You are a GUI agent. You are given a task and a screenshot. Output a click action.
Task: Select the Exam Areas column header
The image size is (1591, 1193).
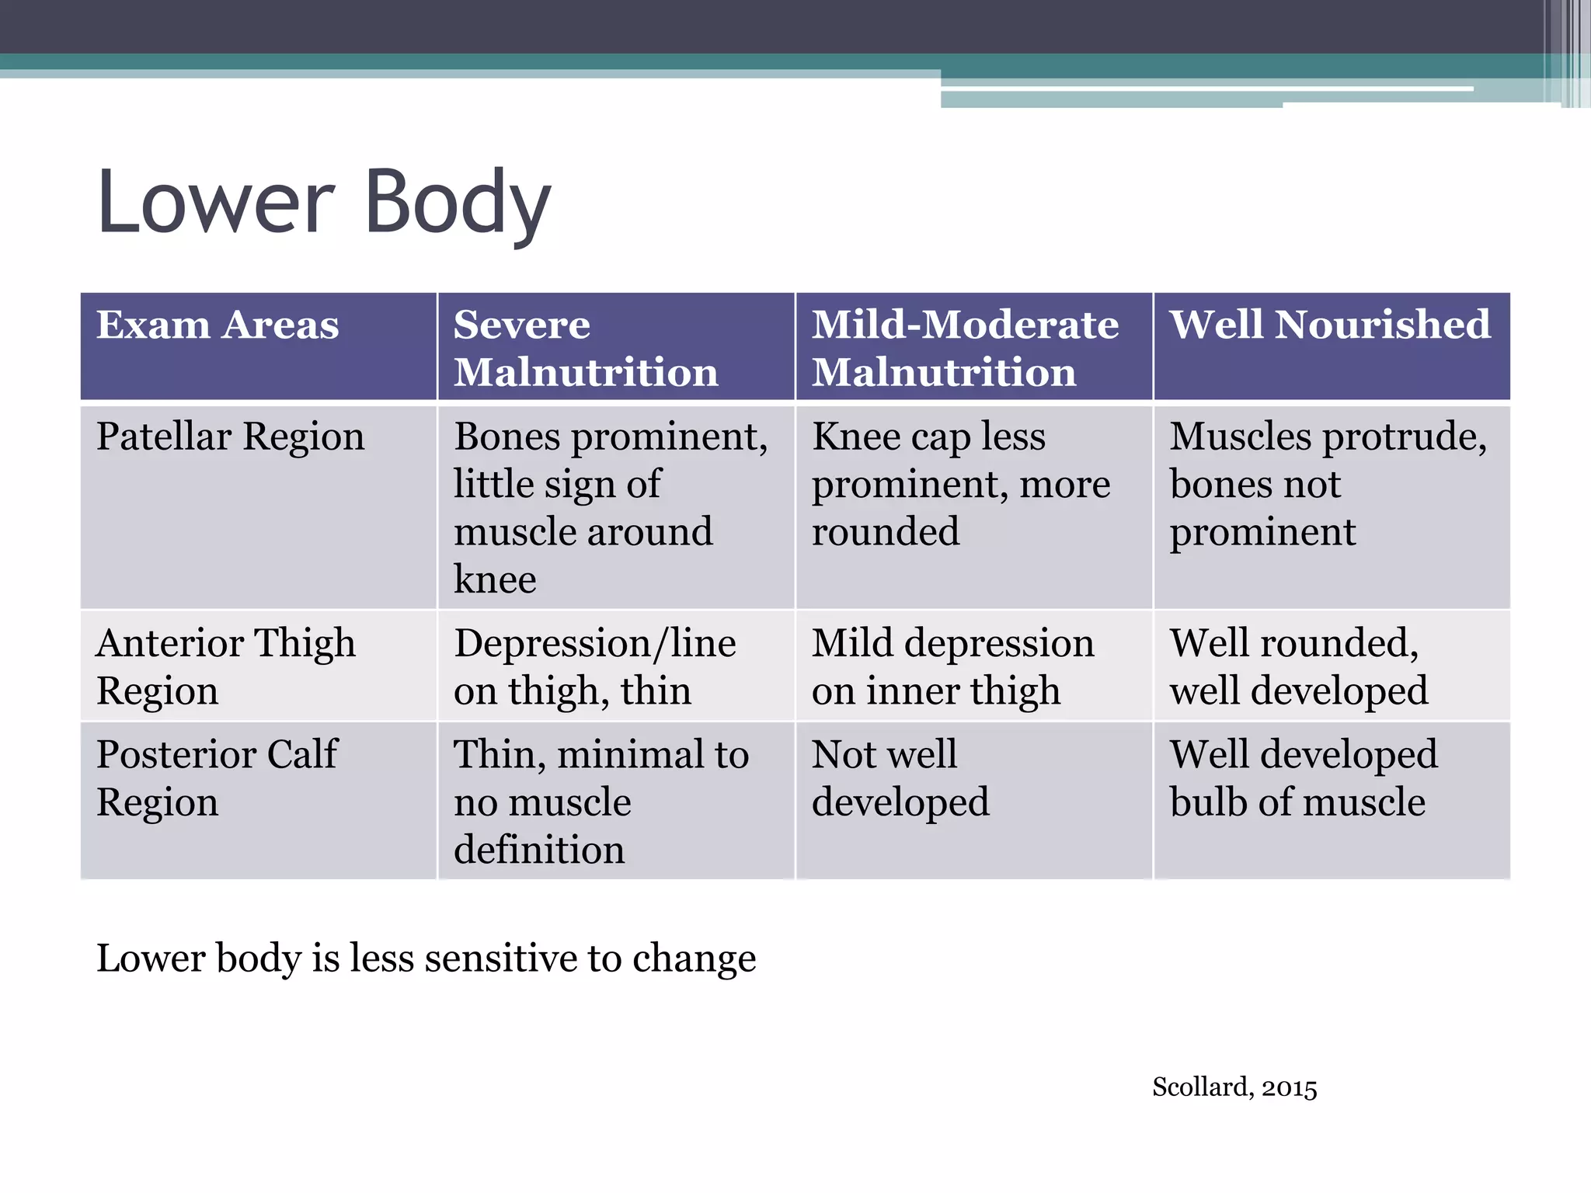[218, 325]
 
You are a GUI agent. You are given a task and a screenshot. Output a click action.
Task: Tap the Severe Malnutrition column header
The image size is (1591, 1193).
[586, 348]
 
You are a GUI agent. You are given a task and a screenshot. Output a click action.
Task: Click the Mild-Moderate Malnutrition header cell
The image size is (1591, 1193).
[965, 348]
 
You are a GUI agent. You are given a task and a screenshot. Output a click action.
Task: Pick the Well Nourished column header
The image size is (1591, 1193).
[1330, 325]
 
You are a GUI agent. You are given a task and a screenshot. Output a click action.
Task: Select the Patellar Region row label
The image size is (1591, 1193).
[230, 437]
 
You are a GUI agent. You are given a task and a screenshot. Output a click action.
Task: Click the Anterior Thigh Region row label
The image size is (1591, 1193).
[225, 666]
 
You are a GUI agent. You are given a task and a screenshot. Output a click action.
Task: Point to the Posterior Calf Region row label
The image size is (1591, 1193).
[217, 777]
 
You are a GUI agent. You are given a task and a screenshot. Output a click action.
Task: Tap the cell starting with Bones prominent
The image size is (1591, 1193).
[611, 507]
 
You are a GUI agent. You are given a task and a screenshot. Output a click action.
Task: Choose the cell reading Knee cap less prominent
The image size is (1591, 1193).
[961, 484]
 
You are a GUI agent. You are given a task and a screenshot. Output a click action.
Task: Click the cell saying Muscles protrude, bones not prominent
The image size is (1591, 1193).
[1328, 484]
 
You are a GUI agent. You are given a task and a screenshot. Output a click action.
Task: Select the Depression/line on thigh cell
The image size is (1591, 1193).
[595, 666]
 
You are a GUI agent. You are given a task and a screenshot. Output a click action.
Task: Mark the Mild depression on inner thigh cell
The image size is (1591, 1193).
[952, 666]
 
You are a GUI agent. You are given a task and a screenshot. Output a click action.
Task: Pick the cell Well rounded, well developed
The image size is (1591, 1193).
[1299, 666]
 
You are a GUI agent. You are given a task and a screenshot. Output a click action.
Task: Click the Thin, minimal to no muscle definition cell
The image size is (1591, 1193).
[601, 802]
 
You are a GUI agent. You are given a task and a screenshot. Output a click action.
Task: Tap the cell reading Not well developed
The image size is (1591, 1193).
[900, 777]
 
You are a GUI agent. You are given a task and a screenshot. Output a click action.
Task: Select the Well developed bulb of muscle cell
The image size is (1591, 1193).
[1304, 777]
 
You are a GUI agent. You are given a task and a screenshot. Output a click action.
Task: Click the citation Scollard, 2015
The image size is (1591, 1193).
[1234, 1087]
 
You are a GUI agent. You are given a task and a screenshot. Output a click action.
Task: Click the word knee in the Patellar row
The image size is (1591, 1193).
[495, 579]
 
